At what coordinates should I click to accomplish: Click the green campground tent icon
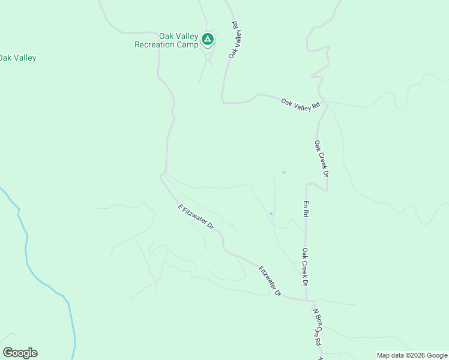point(207,40)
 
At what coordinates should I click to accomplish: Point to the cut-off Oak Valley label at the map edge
point(17,58)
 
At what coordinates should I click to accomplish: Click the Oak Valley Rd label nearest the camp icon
point(235,40)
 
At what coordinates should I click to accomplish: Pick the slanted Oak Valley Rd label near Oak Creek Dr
point(301,104)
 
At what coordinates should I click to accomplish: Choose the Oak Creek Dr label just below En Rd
point(305,266)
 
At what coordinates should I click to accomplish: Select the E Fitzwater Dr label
point(196,217)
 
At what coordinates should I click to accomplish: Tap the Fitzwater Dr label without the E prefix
point(270,281)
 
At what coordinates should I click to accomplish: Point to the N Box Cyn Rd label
point(318,328)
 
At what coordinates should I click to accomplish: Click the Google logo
point(20,353)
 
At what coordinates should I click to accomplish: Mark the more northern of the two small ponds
point(283,173)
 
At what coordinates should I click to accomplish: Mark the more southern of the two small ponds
point(271,213)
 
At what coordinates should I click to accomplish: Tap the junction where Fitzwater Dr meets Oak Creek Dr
point(307,299)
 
